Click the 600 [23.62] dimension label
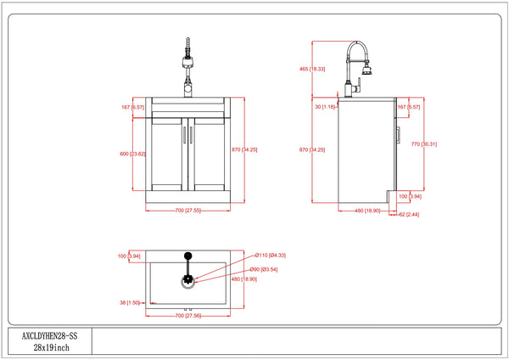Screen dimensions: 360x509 tap(135, 154)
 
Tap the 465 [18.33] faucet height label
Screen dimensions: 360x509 tap(313, 69)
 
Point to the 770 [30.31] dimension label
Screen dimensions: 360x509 tap(422, 144)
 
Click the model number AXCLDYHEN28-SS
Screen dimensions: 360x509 tap(48, 336)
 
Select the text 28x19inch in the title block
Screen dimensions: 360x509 tap(48, 348)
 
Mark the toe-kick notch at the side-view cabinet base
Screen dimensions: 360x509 tap(393, 198)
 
